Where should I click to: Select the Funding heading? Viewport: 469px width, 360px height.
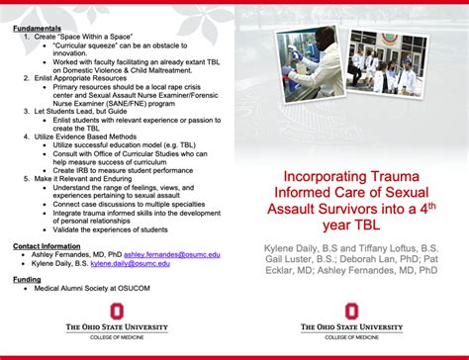tap(27, 279)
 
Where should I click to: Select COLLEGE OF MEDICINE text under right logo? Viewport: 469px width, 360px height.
tap(351, 338)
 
